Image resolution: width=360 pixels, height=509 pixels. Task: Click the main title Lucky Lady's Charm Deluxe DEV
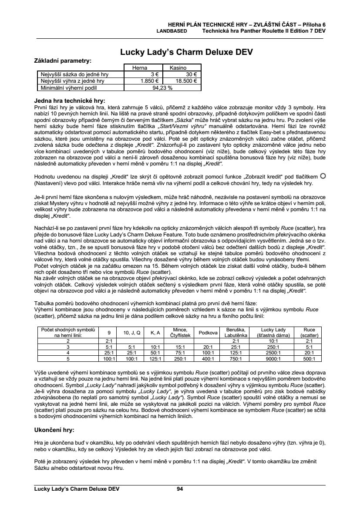[x=187, y=53]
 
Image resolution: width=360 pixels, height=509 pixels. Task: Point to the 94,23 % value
[x=162, y=87]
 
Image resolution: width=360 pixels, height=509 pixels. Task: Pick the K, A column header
[x=155, y=333]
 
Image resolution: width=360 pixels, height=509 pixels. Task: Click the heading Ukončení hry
[x=54, y=429]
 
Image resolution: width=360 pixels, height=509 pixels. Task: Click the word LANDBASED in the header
[x=172, y=31]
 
